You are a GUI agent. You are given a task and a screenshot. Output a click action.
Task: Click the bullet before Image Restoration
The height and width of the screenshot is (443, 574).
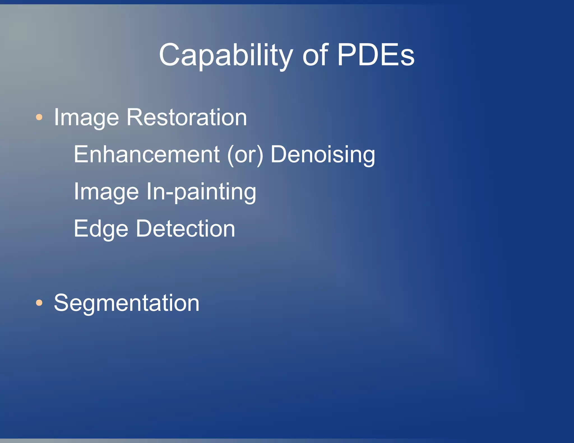coord(39,117)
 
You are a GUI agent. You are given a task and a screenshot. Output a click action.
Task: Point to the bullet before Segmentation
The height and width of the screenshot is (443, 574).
coord(39,303)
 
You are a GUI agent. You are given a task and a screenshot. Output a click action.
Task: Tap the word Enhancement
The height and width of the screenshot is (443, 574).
coord(147,154)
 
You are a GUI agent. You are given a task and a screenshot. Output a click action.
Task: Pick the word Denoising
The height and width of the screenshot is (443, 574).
coord(323,155)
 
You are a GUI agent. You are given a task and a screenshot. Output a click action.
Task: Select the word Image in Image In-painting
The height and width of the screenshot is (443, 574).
coord(106,192)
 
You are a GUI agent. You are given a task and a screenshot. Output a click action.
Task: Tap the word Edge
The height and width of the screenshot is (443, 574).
coord(101,229)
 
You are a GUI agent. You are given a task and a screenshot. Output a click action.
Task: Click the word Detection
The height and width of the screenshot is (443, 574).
coord(186,229)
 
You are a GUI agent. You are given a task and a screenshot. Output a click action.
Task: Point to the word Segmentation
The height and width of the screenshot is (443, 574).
coord(126,303)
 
